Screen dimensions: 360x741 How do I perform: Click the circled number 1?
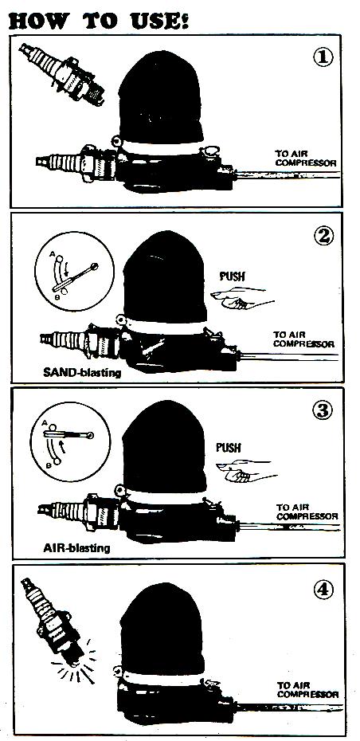323,57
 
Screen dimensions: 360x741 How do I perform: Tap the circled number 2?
323,235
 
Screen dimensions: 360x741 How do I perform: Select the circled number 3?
323,410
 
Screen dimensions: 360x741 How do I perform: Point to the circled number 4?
323,589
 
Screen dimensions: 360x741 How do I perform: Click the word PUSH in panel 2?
232,276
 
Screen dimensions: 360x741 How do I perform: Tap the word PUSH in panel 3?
229,447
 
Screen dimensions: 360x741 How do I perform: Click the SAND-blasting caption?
82,372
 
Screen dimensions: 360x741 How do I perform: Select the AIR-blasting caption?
76,547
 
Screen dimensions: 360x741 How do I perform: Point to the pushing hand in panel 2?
242,298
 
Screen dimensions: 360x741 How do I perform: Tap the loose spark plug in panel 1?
61,73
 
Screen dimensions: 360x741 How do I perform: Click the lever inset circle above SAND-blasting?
75,271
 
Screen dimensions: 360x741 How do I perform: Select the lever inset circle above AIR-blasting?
70,442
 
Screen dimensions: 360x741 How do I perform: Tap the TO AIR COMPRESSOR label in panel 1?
306,159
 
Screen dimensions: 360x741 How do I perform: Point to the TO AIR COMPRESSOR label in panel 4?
308,689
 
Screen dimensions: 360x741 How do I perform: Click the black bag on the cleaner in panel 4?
162,629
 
